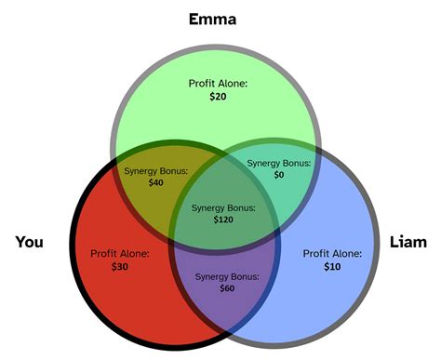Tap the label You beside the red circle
click(30, 243)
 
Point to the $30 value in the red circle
click(120, 267)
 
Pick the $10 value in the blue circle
click(332, 267)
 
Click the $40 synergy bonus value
click(155, 183)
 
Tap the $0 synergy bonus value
click(277, 175)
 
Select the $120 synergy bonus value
click(224, 220)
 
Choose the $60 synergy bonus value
click(227, 288)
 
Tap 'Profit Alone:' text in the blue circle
click(332, 253)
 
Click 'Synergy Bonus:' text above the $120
click(224, 207)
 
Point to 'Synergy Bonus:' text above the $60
click(227, 275)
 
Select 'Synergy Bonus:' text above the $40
click(155, 171)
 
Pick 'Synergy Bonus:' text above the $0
click(277, 163)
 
